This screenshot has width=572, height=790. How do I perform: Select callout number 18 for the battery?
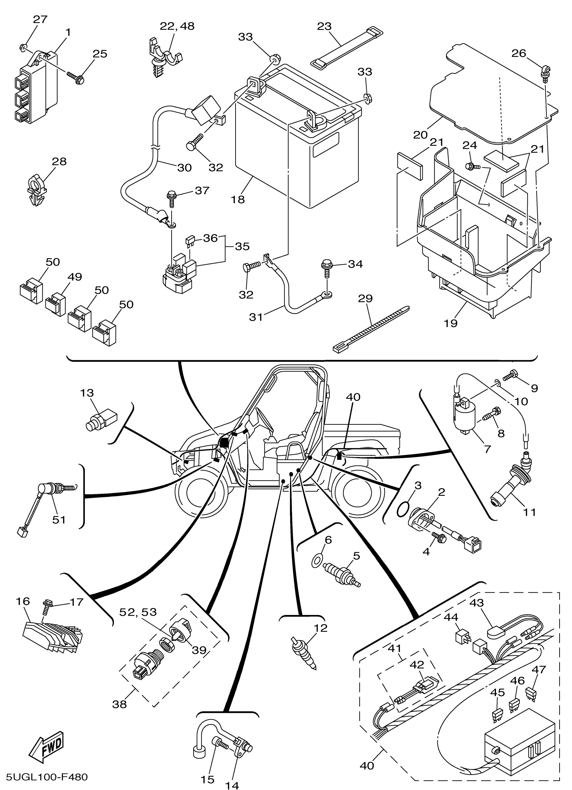click(238, 200)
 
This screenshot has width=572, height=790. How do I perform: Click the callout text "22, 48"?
click(177, 26)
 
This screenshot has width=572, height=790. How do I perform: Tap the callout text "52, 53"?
click(138, 612)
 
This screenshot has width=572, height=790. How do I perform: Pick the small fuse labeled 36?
click(190, 240)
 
